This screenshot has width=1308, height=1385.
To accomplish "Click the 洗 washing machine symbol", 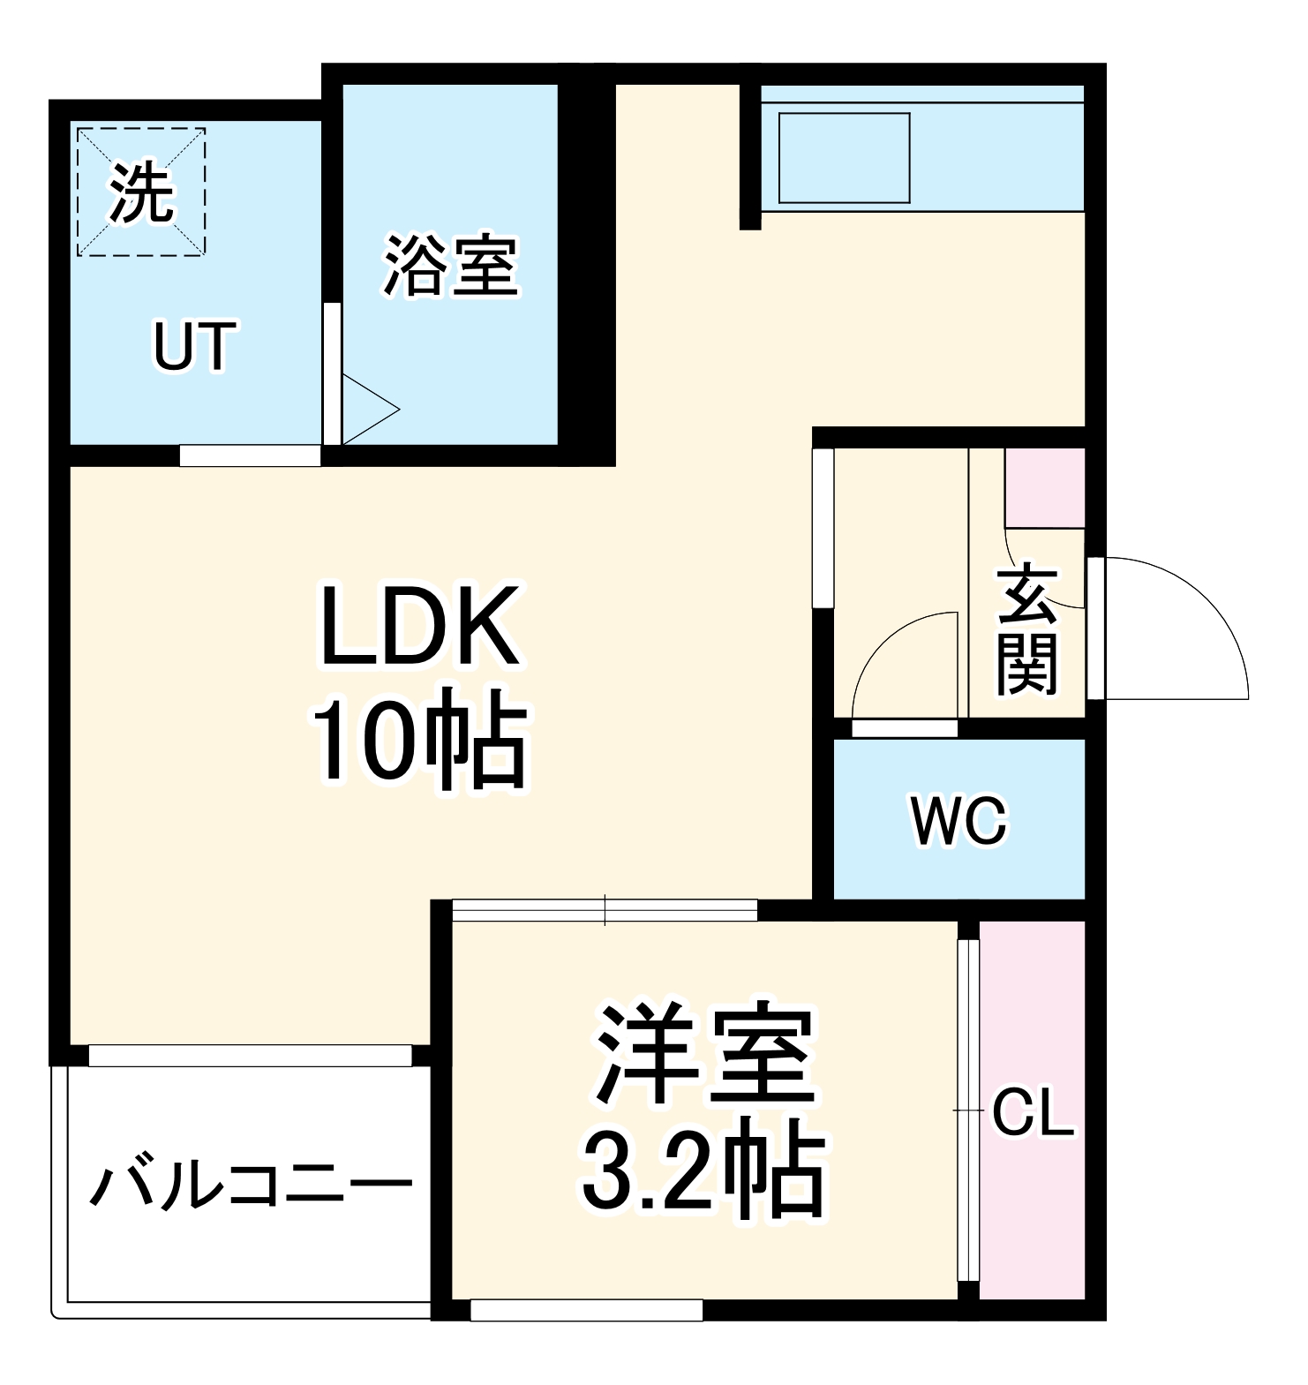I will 141,192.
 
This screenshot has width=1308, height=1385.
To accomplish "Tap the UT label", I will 195,347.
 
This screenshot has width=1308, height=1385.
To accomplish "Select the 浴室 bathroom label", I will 450,265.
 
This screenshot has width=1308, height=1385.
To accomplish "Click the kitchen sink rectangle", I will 844,158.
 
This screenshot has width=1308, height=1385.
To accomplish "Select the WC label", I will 958,821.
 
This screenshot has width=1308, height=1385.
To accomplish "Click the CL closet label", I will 1033,1116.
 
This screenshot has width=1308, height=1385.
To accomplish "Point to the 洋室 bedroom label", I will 704,1054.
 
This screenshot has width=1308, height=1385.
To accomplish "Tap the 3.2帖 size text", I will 703,1165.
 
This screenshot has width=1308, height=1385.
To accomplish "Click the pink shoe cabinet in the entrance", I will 1045,487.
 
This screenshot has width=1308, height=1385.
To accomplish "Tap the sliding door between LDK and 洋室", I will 605,910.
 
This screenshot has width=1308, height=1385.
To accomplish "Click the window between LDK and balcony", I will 251,1055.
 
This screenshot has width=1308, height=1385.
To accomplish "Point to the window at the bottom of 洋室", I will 586,1310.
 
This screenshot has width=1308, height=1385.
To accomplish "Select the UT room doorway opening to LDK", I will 250,455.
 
